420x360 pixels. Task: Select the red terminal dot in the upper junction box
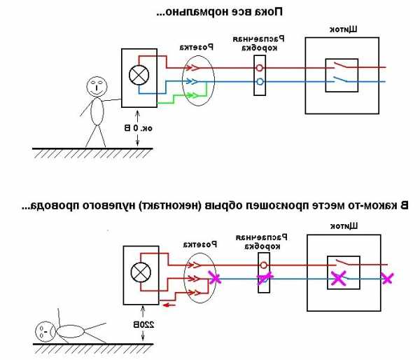click(260, 69)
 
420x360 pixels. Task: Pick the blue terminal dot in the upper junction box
click(260, 81)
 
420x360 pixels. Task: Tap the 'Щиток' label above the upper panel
click(344, 29)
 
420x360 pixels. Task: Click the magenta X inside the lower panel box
click(339, 278)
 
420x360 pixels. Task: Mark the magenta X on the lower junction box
click(264, 278)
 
